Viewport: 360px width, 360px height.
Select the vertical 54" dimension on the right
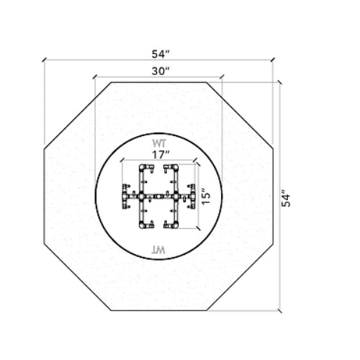point(286,197)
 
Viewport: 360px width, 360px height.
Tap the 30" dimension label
point(160,71)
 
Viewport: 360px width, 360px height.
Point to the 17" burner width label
point(160,153)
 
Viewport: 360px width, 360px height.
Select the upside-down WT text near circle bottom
point(158,248)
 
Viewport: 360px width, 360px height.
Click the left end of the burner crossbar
point(124,195)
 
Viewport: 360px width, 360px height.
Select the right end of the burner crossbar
point(194,195)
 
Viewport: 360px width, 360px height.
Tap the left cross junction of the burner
point(142,195)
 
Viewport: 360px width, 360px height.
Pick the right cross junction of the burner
point(176,195)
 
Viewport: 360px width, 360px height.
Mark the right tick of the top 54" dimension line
point(273,62)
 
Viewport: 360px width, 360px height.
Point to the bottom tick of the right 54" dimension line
point(279,311)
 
